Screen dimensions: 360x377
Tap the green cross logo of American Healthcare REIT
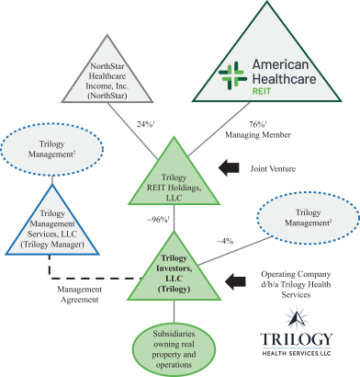click(232, 75)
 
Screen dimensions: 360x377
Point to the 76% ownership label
click(257, 124)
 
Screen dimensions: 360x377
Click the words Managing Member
click(258, 134)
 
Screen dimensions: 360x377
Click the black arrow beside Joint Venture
click(229, 167)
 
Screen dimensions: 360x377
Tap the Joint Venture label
click(273, 168)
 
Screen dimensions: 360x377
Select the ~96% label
click(158, 220)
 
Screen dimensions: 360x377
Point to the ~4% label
click(225, 241)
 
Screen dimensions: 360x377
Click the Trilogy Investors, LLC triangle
click(174, 273)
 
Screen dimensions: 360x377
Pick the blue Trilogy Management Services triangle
click(52, 227)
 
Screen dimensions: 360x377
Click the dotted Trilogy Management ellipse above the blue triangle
click(51, 149)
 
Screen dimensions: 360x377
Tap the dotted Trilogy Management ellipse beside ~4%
click(308, 218)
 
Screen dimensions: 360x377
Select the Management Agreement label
click(80, 294)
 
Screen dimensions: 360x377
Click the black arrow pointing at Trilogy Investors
click(235, 281)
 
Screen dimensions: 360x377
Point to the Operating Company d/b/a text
click(296, 284)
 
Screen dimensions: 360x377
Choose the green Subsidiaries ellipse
click(174, 349)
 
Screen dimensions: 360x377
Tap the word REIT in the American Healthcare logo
click(262, 91)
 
